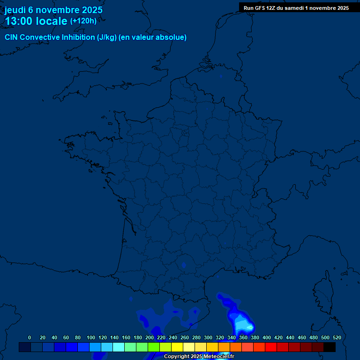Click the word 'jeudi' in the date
point(15,10)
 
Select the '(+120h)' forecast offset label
point(83,21)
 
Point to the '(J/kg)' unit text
point(106,37)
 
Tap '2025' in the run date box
point(341,7)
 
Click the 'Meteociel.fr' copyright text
point(219,357)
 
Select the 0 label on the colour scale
point(30,337)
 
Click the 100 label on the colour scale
point(91,337)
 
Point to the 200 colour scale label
point(150,337)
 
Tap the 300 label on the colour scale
point(208,337)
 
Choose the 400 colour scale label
point(267,337)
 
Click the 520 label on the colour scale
point(337,337)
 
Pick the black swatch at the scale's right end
point(330,347)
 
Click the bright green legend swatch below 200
point(154,347)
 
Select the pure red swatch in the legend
point(271,347)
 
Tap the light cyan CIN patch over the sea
point(242,323)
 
